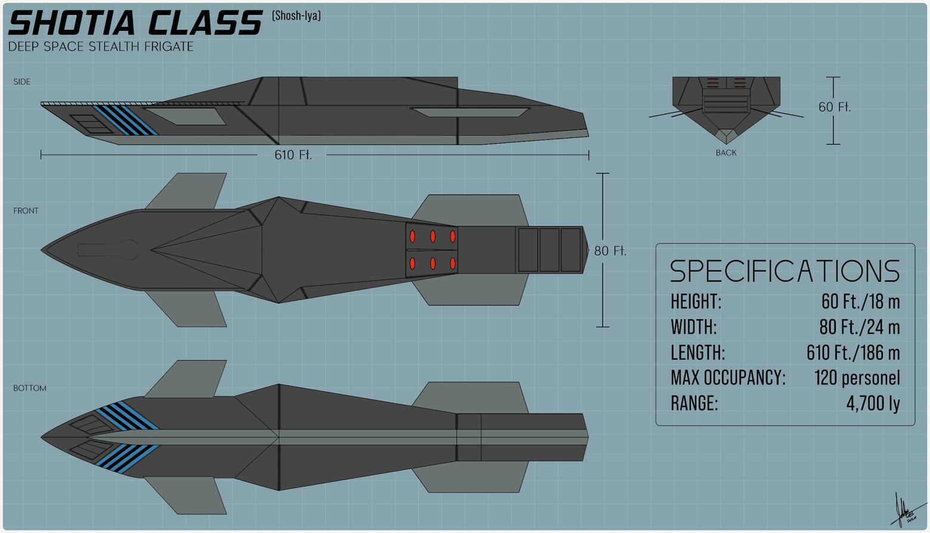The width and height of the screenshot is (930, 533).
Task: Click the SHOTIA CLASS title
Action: pyautogui.click(x=135, y=23)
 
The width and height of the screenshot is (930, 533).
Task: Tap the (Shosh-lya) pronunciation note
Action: pyautogui.click(x=296, y=15)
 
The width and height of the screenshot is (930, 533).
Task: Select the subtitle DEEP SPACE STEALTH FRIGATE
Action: pyautogui.click(x=101, y=46)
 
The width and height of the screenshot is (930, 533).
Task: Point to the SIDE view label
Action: pyautogui.click(x=22, y=82)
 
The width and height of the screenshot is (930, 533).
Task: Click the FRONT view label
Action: pyautogui.click(x=26, y=211)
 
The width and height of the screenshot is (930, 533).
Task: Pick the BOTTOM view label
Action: pyautogui.click(x=30, y=388)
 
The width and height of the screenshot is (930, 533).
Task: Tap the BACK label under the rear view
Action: pyautogui.click(x=726, y=153)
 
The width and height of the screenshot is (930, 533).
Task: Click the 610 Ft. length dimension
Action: pyautogui.click(x=293, y=155)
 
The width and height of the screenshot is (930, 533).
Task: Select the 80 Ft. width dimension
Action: pyautogui.click(x=610, y=251)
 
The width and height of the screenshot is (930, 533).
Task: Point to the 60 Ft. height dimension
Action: pyautogui.click(x=835, y=107)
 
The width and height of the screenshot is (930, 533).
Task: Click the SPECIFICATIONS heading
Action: pyautogui.click(x=785, y=271)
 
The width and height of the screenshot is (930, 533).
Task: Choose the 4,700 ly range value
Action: pyautogui.click(x=873, y=404)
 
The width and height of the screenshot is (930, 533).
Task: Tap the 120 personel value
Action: pyautogui.click(x=857, y=378)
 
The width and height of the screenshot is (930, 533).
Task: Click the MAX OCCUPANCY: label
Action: pyautogui.click(x=728, y=378)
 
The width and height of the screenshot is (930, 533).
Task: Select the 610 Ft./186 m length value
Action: pyautogui.click(x=853, y=353)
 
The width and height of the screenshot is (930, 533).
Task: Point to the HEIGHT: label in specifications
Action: pyautogui.click(x=696, y=301)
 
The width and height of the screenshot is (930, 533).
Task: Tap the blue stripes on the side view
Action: pyautogui.click(x=126, y=120)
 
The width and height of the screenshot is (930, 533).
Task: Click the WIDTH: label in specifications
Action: pyautogui.click(x=693, y=327)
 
